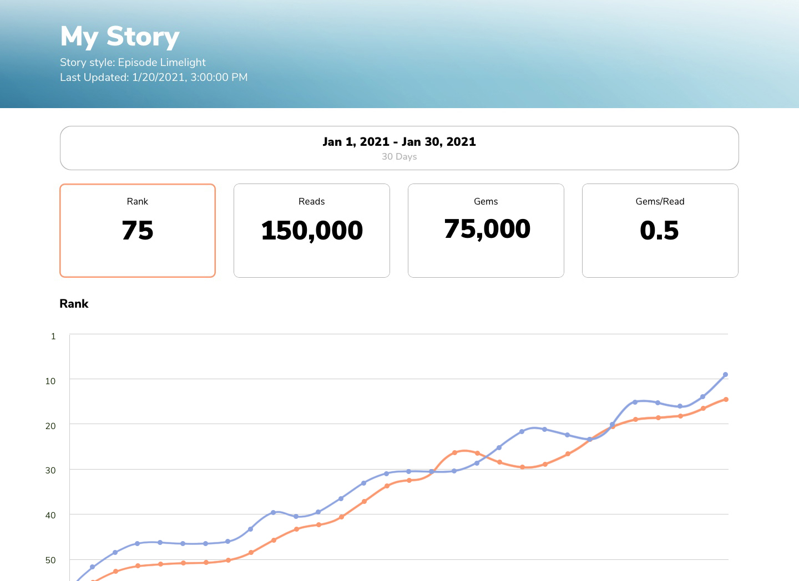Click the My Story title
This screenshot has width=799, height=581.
[120, 37]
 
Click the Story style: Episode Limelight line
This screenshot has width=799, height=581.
[133, 62]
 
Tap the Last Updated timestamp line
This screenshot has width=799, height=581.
[154, 77]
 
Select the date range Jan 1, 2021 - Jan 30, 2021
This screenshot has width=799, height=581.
[399, 141]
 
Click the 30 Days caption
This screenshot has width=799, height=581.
[399, 156]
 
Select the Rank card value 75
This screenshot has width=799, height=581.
[138, 231]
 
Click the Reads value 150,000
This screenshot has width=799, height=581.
[312, 231]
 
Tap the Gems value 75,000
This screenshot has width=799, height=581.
[487, 229]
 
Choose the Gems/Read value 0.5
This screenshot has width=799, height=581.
[659, 231]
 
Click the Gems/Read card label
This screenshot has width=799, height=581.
[660, 201]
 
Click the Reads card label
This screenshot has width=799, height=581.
[311, 201]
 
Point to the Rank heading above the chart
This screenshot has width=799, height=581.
[74, 304]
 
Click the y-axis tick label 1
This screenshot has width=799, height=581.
[53, 336]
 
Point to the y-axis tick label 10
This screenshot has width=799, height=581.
[50, 381]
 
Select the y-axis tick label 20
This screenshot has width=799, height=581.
[50, 426]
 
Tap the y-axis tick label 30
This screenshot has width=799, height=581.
[50, 470]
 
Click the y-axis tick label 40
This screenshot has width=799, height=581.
[50, 515]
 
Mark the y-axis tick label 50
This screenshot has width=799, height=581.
[50, 560]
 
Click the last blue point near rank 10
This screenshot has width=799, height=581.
[725, 375]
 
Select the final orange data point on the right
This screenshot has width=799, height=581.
[726, 399]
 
